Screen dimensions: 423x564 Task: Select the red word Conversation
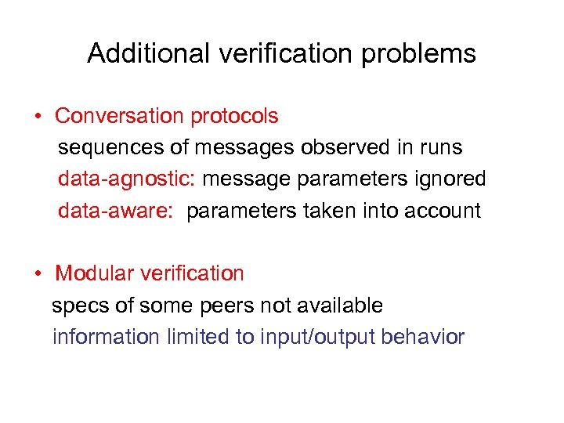point(117,116)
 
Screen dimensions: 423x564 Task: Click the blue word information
point(105,337)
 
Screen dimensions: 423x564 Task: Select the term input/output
point(302,337)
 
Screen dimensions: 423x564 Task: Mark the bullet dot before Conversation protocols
point(38,117)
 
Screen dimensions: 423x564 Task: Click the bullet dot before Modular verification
point(38,275)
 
